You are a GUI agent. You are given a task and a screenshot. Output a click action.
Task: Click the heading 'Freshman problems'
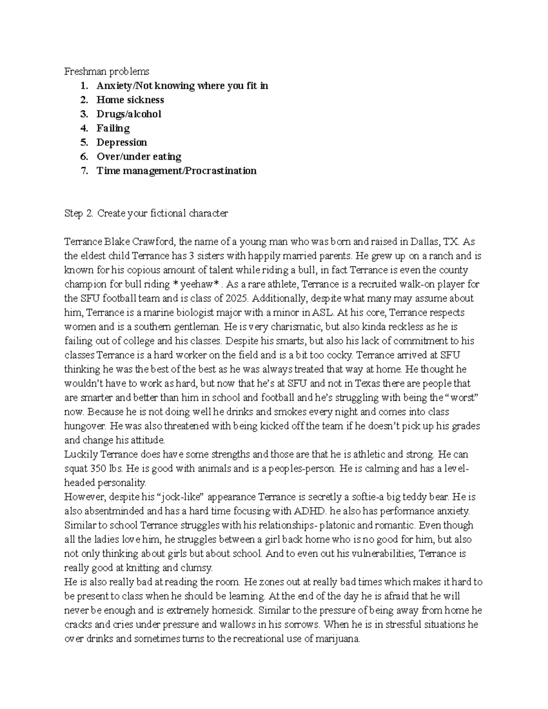(106, 72)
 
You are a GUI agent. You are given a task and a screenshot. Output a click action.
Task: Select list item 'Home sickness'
(130, 100)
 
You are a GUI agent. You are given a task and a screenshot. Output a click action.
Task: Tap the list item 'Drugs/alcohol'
(128, 114)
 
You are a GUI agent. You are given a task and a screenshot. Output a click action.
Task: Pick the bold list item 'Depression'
(121, 142)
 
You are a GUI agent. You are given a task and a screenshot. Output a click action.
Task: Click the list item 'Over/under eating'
(138, 157)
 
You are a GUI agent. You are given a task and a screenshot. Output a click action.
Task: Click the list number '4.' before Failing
(84, 128)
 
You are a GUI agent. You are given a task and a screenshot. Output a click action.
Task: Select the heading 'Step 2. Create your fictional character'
(146, 213)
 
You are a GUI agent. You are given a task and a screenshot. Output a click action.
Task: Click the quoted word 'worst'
(462, 398)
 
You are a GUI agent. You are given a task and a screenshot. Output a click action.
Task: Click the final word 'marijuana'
(339, 639)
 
